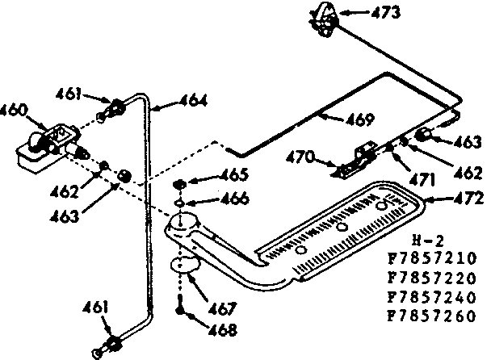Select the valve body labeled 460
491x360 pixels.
[x=44, y=145]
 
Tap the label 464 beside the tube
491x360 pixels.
[x=191, y=102]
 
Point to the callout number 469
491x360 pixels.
[x=356, y=120]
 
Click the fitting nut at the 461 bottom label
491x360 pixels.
[x=115, y=344]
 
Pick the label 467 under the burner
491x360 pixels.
[x=219, y=308]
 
